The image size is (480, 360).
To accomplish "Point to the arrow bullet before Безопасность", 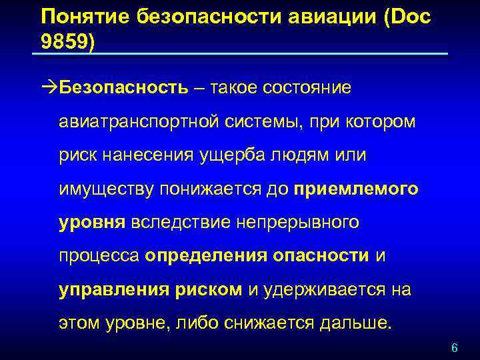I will pos(49,89).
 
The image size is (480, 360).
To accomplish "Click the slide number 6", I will pos(455,348).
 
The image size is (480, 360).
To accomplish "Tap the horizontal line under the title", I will pos(240,54).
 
